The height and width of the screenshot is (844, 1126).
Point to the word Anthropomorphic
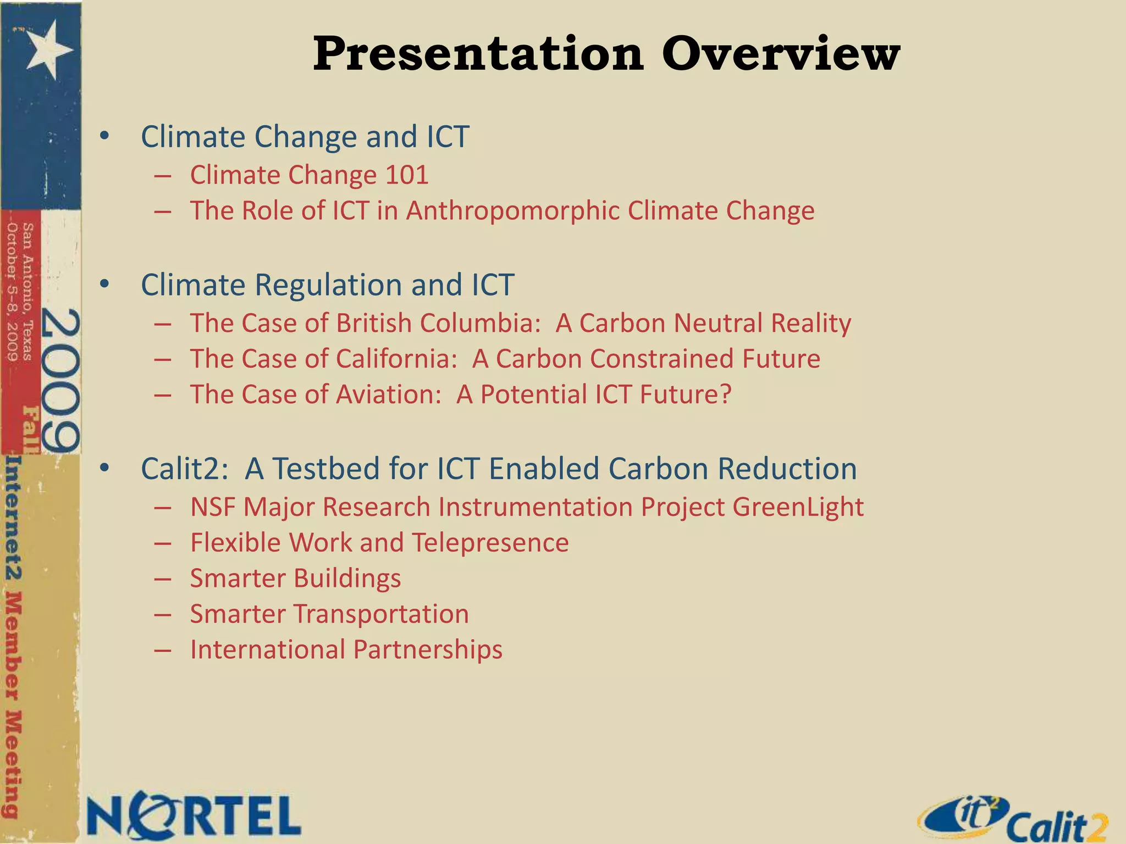tap(514, 211)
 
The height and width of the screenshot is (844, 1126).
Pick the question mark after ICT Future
tap(725, 395)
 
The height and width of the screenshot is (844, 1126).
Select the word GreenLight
tap(798, 507)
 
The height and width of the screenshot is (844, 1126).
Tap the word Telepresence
tap(490, 543)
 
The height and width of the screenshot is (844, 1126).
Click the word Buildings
tap(347, 579)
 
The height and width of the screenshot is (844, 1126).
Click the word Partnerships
tap(428, 650)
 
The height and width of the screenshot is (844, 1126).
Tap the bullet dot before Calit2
tap(104, 469)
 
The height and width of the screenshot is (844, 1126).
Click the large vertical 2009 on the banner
tap(60, 379)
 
